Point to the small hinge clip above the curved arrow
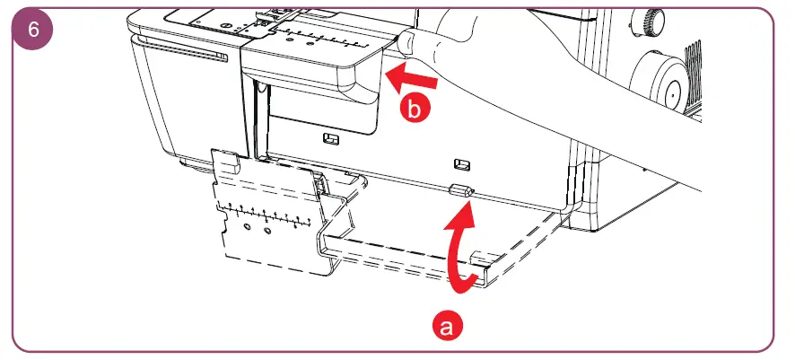(x=461, y=191)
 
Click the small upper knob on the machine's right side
(x=649, y=19)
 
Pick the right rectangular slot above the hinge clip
(x=461, y=163)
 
